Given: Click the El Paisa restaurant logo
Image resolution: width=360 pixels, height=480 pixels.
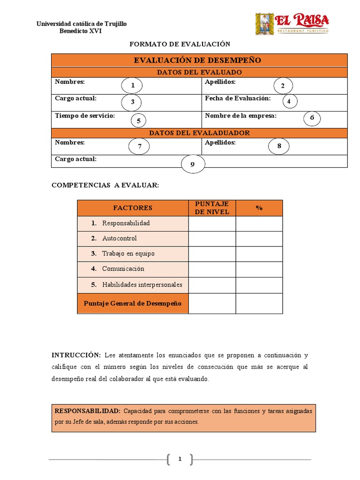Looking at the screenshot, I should pyautogui.click(x=292, y=23).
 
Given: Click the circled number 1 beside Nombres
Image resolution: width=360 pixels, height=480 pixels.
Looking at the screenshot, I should pyautogui.click(x=133, y=85).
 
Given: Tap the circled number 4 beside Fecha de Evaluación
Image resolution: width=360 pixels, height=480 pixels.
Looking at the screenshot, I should pyautogui.click(x=289, y=101).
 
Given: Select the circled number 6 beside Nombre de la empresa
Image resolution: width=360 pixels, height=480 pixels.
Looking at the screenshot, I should pyautogui.click(x=312, y=118).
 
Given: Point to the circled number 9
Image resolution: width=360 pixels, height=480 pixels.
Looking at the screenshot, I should pyautogui.click(x=192, y=165).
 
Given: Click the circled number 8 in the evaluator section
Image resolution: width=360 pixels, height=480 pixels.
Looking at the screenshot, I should pyautogui.click(x=279, y=146).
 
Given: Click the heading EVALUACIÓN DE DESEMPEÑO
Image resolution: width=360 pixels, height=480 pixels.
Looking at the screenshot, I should pyautogui.click(x=197, y=60).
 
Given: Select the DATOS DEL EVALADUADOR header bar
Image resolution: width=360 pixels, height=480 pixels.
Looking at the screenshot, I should pyautogui.click(x=199, y=133).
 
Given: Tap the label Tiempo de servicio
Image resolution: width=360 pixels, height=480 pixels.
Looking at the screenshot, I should pyautogui.click(x=85, y=115).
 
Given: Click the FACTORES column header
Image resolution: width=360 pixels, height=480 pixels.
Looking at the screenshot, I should pyautogui.click(x=133, y=208).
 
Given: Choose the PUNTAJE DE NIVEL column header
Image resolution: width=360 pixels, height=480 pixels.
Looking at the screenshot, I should pyautogui.click(x=212, y=208).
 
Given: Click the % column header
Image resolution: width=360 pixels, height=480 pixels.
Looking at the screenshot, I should pyautogui.click(x=259, y=208).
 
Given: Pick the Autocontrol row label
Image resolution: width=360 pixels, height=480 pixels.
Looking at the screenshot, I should pyautogui.click(x=120, y=238).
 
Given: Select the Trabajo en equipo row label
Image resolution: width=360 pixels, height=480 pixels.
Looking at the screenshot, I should pyautogui.click(x=128, y=254).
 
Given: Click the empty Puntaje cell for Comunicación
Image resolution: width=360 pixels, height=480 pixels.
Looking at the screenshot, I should pyautogui.click(x=212, y=269).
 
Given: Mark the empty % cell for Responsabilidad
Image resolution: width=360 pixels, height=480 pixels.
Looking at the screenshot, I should pyautogui.click(x=259, y=223).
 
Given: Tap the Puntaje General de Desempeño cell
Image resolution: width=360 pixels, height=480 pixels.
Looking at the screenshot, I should pyautogui.click(x=133, y=303).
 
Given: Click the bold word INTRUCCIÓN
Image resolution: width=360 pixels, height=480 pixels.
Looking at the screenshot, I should pyautogui.click(x=76, y=355).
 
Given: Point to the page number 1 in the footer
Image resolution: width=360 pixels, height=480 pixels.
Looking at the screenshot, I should pyautogui.click(x=180, y=459).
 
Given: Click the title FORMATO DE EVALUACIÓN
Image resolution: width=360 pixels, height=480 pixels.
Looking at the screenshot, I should pyautogui.click(x=180, y=44).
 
